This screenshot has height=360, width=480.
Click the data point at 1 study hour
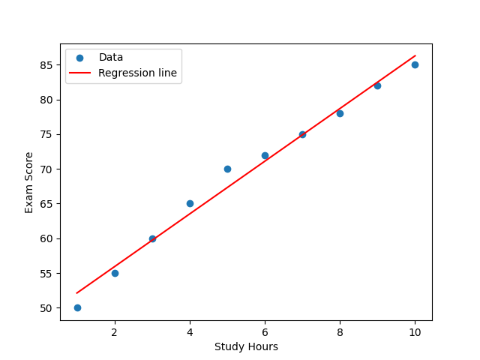77,307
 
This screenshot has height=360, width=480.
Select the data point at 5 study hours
227,169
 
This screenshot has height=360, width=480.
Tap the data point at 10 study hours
415,64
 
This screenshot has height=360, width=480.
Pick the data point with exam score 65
190,203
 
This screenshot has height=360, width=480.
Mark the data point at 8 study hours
340,113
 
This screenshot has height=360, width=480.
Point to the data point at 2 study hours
115,273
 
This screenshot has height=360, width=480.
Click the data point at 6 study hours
265,155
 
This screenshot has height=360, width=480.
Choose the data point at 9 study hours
377,85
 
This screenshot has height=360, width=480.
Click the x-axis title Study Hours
246,346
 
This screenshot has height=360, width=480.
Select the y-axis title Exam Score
29,182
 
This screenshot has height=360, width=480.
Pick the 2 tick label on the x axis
115,332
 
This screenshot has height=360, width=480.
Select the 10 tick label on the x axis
415,332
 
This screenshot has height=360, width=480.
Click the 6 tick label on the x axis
265,332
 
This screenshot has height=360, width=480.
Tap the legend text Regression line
137,73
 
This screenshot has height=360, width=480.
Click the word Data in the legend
111,58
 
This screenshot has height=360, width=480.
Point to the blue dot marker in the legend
79,58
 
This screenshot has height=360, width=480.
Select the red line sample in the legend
79,73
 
